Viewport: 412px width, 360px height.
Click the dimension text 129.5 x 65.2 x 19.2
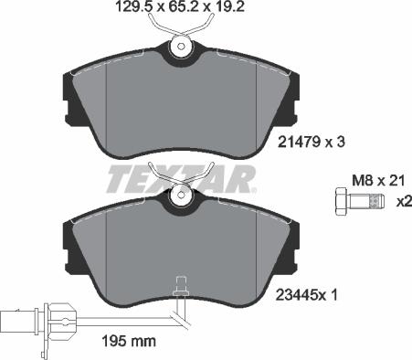[x=180, y=6]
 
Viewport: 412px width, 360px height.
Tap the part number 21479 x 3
[x=311, y=142]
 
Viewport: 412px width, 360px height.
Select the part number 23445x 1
[x=307, y=295]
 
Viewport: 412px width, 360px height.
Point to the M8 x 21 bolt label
[x=378, y=181]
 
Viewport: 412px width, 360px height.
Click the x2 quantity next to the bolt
[x=404, y=202]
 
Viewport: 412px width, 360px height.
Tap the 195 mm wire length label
[x=129, y=341]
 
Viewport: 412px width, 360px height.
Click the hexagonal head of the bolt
[x=342, y=202]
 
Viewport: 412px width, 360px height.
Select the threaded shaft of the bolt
[x=367, y=202]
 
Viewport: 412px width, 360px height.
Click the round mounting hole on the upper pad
[x=181, y=47]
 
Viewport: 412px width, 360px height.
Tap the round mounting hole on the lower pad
[x=181, y=195]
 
